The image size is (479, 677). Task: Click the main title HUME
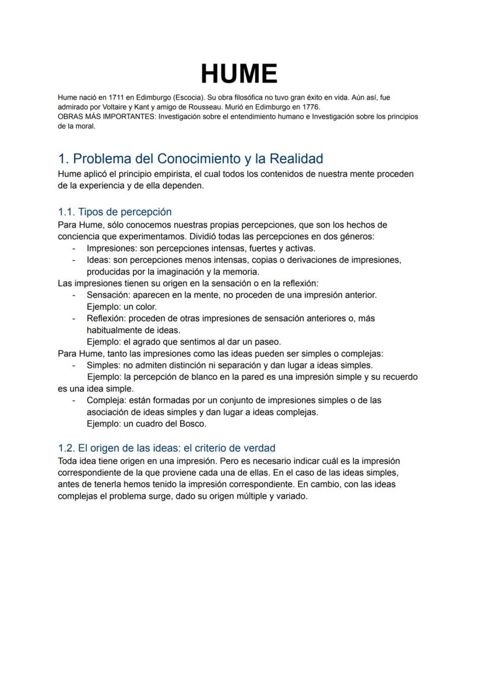(239, 74)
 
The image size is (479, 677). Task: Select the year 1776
(309, 107)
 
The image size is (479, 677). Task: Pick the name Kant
(141, 107)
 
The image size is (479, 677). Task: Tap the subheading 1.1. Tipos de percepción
(115, 212)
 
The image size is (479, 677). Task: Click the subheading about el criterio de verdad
(167, 448)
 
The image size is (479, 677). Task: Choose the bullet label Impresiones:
(112, 248)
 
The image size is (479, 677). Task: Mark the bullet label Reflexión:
(106, 319)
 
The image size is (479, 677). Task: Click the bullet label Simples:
(103, 365)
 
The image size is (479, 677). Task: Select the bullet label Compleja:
(106, 400)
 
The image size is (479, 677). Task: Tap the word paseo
(267, 342)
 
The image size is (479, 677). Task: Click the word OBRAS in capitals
(70, 116)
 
